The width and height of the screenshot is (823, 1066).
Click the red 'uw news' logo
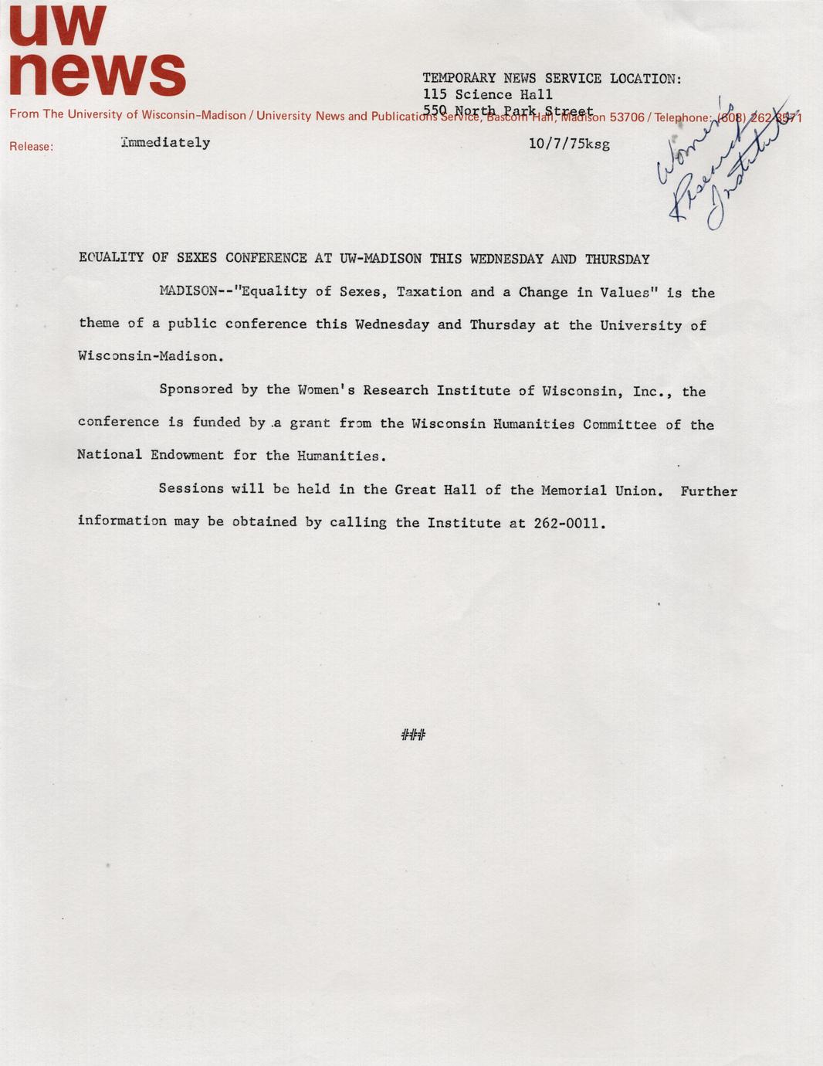click(x=97, y=53)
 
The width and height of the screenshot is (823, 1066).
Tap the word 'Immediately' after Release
click(x=165, y=142)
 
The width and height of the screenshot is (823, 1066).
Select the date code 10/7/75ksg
click(x=569, y=144)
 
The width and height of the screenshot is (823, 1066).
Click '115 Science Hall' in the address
click(x=487, y=94)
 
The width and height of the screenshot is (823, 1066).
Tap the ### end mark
click(x=413, y=734)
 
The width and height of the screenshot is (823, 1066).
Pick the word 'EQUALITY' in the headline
click(x=111, y=257)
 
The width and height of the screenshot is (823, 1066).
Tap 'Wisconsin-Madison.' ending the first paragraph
click(x=151, y=357)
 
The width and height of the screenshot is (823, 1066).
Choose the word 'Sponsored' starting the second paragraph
click(x=196, y=389)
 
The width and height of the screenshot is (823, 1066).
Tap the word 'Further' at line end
click(x=709, y=491)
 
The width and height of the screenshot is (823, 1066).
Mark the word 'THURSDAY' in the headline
click(x=617, y=260)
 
